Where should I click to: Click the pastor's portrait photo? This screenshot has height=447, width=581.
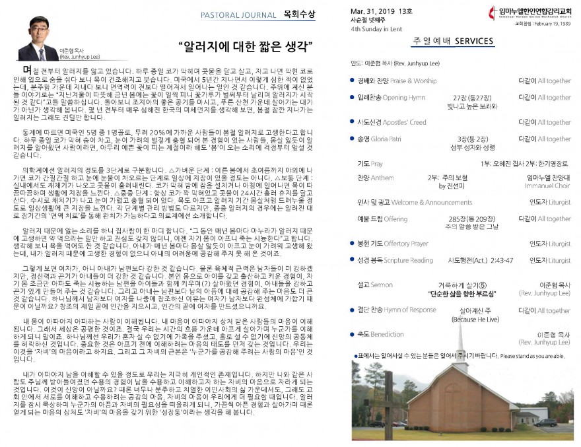click(38, 39)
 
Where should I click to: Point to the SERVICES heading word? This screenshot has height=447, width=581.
click(472, 41)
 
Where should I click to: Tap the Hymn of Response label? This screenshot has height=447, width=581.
click(411, 310)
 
